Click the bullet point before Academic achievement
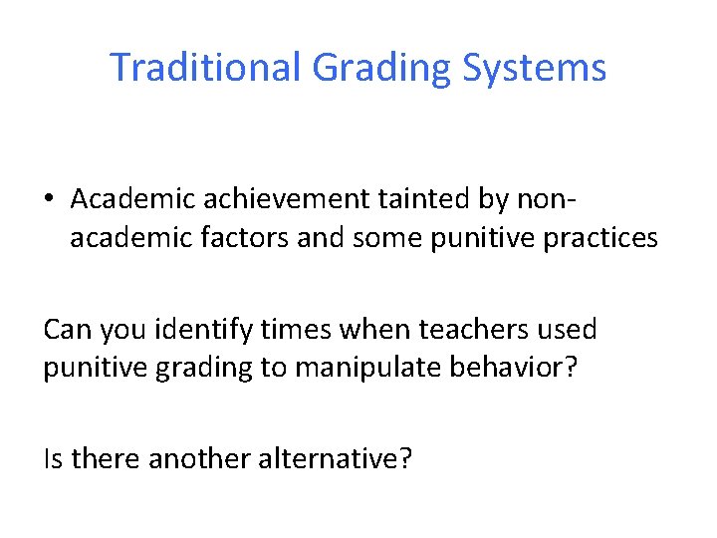[x=50, y=199]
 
